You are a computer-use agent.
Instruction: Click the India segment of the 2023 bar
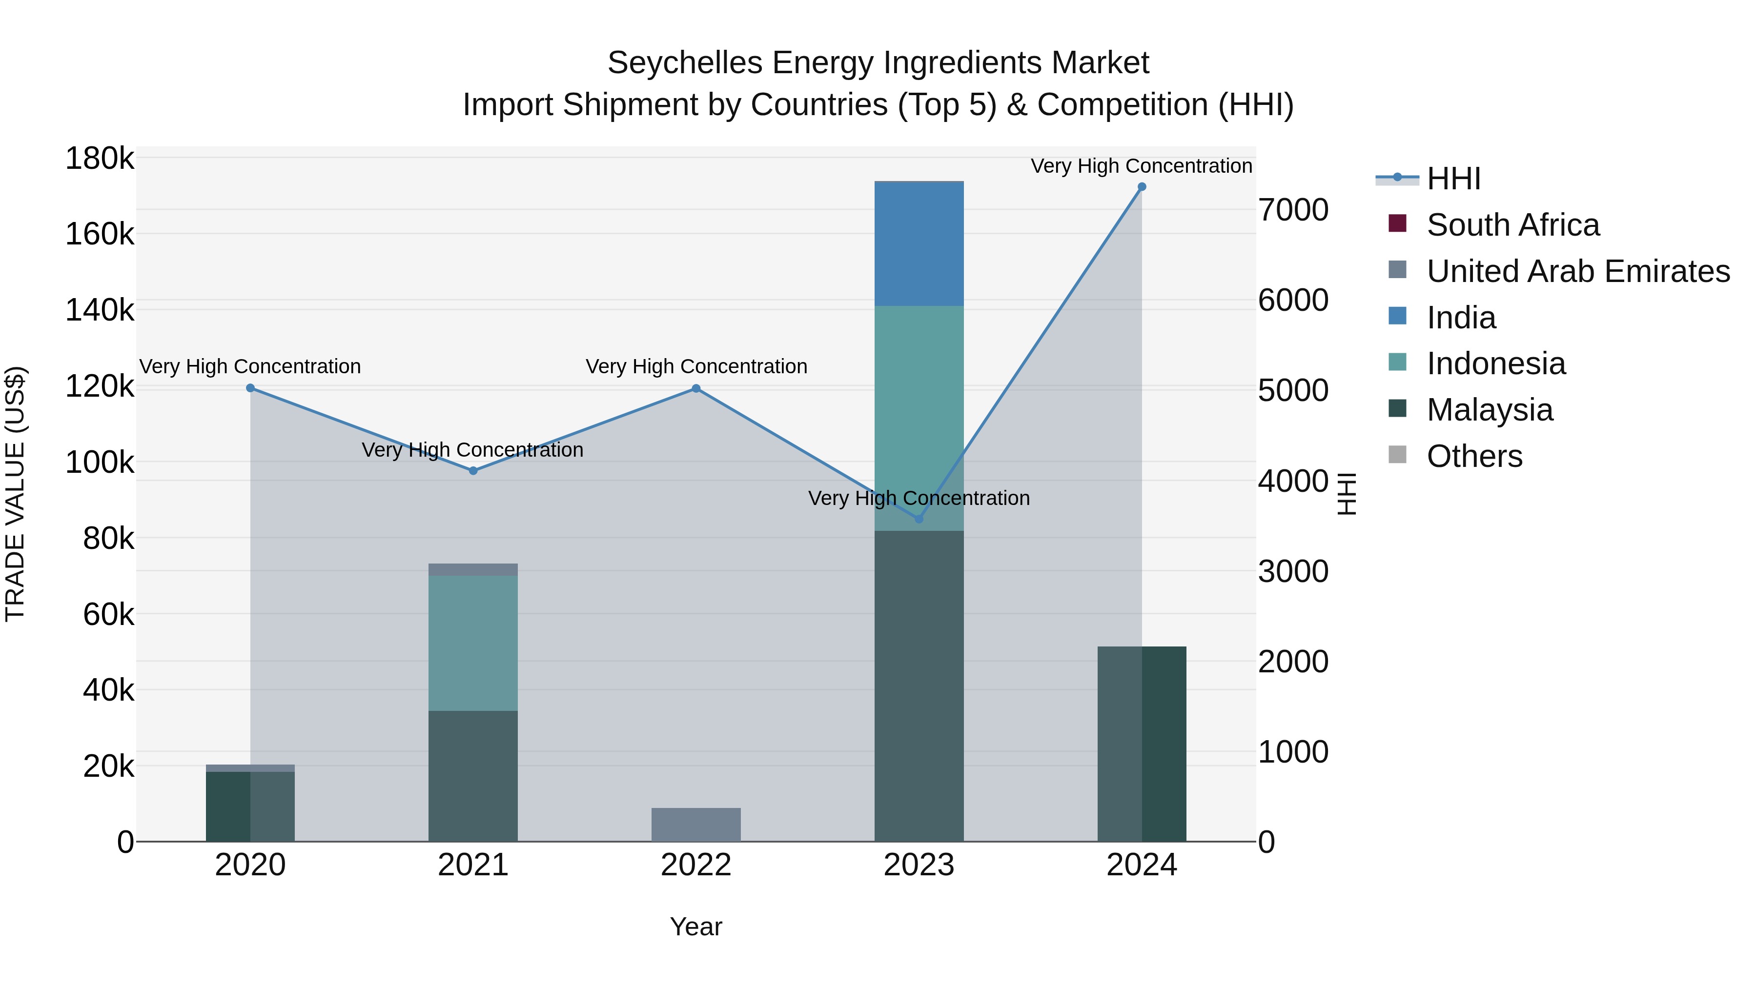pyautogui.click(x=919, y=244)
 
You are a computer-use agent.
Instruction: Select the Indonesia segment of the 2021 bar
pyautogui.click(x=472, y=643)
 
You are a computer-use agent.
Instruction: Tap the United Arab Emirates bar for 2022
pyautogui.click(x=695, y=825)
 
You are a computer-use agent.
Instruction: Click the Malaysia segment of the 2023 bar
pyautogui.click(x=919, y=686)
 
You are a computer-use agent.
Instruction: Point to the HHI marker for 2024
pyautogui.click(x=1142, y=187)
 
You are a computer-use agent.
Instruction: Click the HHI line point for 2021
pyautogui.click(x=473, y=470)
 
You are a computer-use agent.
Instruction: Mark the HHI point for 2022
pyautogui.click(x=695, y=389)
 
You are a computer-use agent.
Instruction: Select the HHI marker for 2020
pyautogui.click(x=250, y=388)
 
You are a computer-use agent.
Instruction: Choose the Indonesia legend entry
pyautogui.click(x=1496, y=363)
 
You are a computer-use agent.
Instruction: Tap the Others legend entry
pyautogui.click(x=1474, y=456)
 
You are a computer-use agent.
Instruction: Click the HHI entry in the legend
pyautogui.click(x=1453, y=179)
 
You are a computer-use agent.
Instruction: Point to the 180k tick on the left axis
pyautogui.click(x=100, y=159)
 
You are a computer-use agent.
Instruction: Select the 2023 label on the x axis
pyautogui.click(x=919, y=865)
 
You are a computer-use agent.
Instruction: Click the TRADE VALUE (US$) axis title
pyautogui.click(x=16, y=494)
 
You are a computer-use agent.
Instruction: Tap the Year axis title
pyautogui.click(x=695, y=927)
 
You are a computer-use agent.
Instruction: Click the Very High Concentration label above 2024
pyautogui.click(x=1141, y=166)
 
